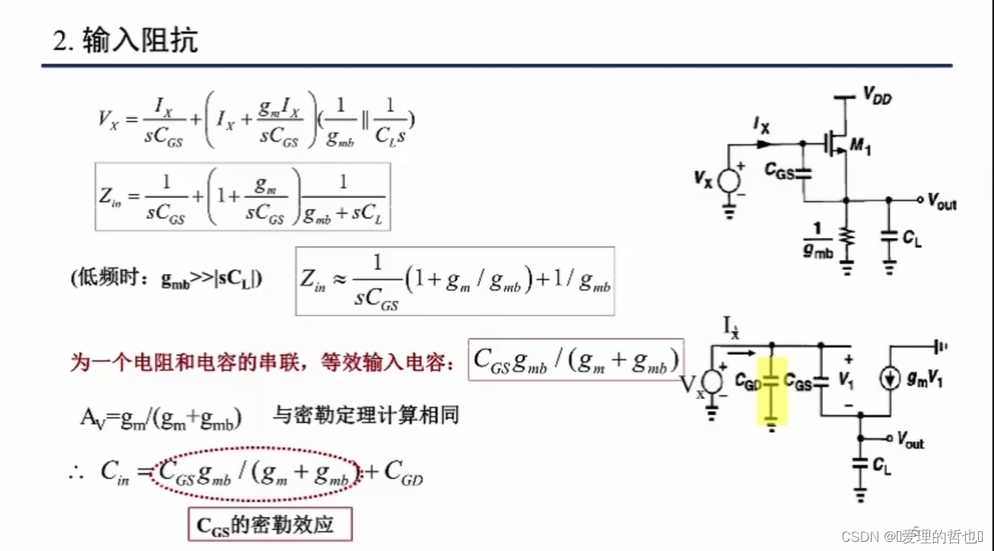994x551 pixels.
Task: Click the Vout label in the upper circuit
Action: click(942, 201)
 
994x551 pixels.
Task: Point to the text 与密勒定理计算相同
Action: click(366, 415)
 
